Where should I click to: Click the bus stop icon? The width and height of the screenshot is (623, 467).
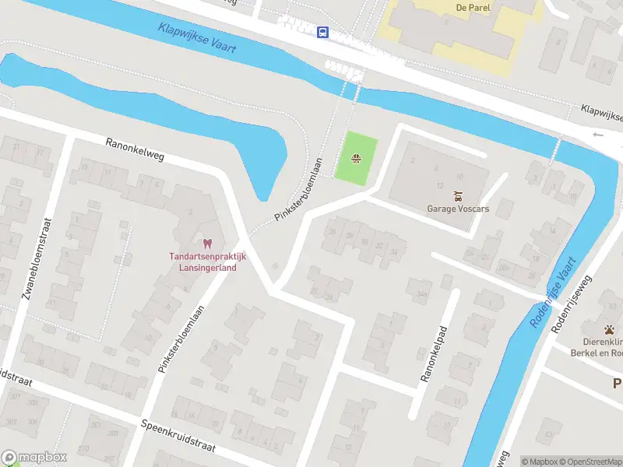[x=322, y=32]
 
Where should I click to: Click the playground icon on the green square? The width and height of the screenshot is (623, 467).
[x=356, y=160]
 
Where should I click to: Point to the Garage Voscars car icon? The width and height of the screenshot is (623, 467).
[x=458, y=196]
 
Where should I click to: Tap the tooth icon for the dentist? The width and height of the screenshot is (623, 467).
[x=207, y=244]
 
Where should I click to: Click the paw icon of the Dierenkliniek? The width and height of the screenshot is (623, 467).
[x=608, y=329]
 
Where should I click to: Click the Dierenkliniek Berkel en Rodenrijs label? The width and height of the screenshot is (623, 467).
[x=603, y=346]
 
